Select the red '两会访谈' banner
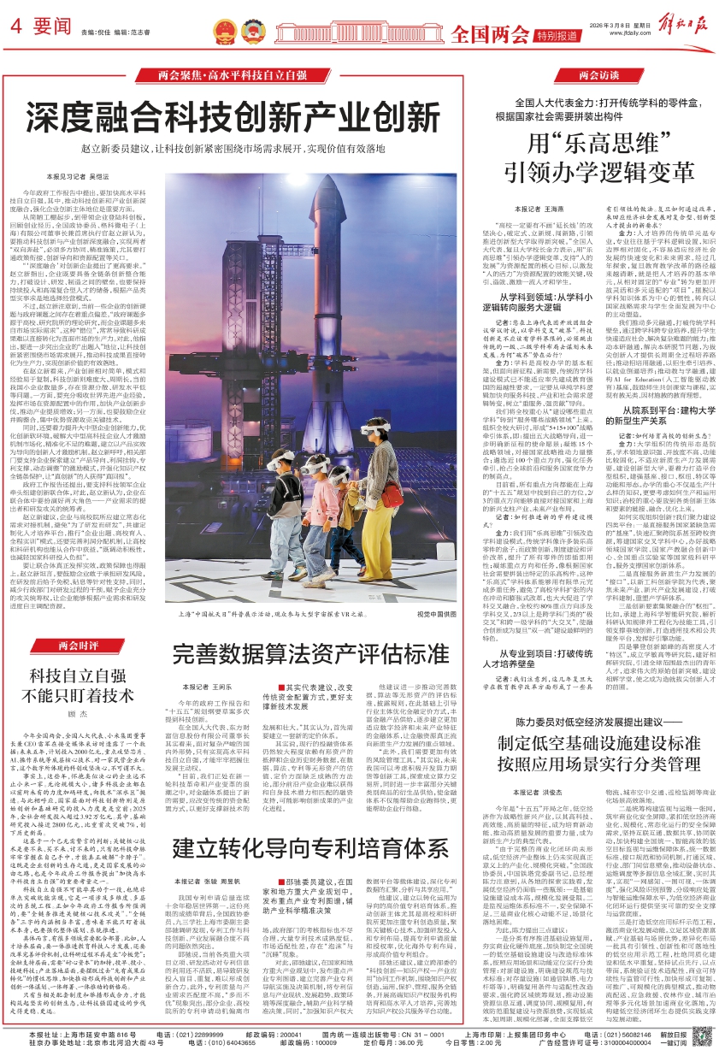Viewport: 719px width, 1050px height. pyautogui.click(x=598, y=76)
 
